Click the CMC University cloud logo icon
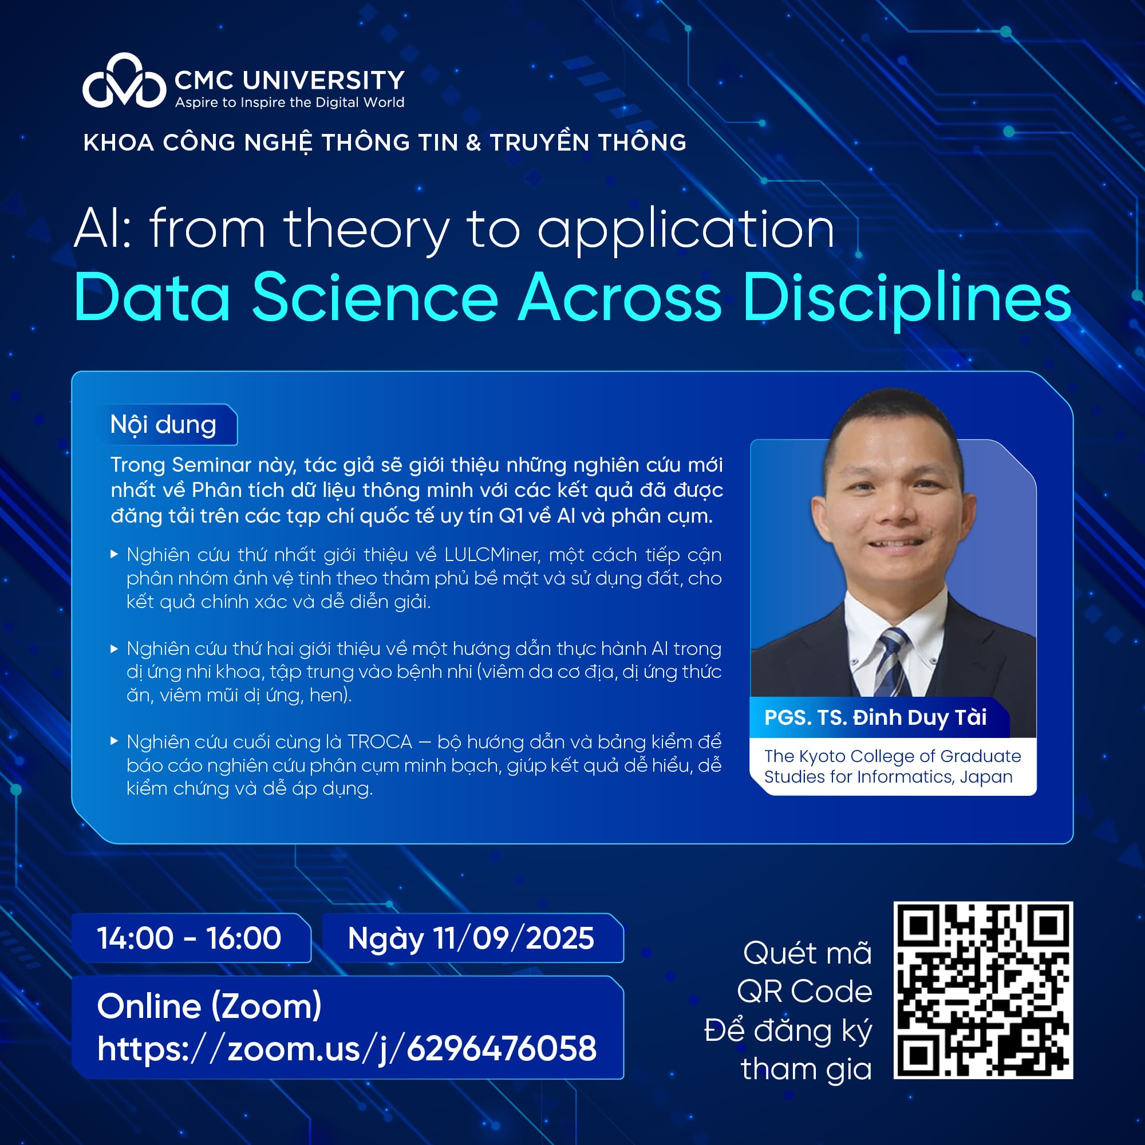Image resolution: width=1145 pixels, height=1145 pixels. pyautogui.click(x=124, y=83)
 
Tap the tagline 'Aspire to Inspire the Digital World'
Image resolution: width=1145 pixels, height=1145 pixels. pyautogui.click(x=289, y=102)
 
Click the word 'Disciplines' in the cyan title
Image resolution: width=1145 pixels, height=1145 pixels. pyautogui.click(x=907, y=298)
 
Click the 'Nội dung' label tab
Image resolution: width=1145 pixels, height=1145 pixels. pyautogui.click(x=164, y=425)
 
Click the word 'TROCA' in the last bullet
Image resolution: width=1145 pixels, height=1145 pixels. pyautogui.click(x=380, y=742)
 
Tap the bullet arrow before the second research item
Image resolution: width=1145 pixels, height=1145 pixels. pyautogui.click(x=114, y=649)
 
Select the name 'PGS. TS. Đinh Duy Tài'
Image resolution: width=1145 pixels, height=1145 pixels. pyautogui.click(x=875, y=718)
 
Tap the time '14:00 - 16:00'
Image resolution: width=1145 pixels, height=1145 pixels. pyautogui.click(x=189, y=938)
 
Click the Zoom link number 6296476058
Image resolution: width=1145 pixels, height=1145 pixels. pyautogui.click(x=502, y=1048)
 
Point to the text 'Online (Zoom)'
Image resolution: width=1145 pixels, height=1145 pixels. pyautogui.click(x=209, y=1006)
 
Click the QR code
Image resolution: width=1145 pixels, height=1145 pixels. pyautogui.click(x=983, y=990)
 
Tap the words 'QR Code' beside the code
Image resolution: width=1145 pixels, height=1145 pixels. pyautogui.click(x=804, y=992)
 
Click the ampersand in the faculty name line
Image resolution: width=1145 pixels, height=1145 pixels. pyautogui.click(x=473, y=143)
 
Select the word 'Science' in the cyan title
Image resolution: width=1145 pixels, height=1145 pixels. pyautogui.click(x=375, y=298)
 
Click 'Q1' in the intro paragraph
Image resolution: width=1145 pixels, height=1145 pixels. pyautogui.click(x=511, y=516)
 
